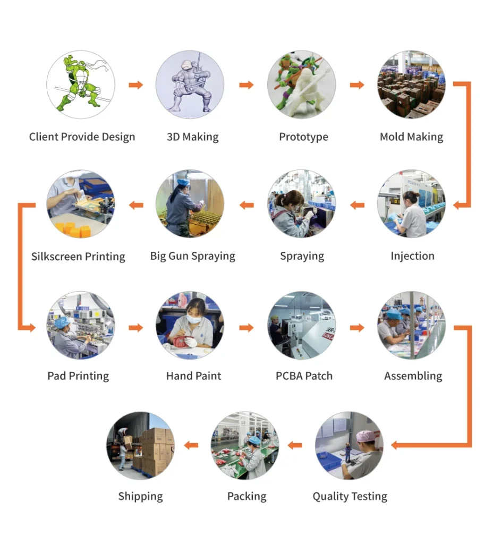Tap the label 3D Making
(192, 137)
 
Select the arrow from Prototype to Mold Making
(356, 85)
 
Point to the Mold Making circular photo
(411, 84)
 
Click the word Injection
(412, 256)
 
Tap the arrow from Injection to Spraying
(357, 205)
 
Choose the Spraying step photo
(301, 204)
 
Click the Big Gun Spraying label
(192, 256)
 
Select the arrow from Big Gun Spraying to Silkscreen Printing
(136, 205)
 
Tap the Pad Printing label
(78, 376)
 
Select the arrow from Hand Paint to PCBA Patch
(246, 328)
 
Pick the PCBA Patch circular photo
(301, 325)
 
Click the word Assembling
(413, 376)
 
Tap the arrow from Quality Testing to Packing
(295, 445)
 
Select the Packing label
(246, 497)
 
